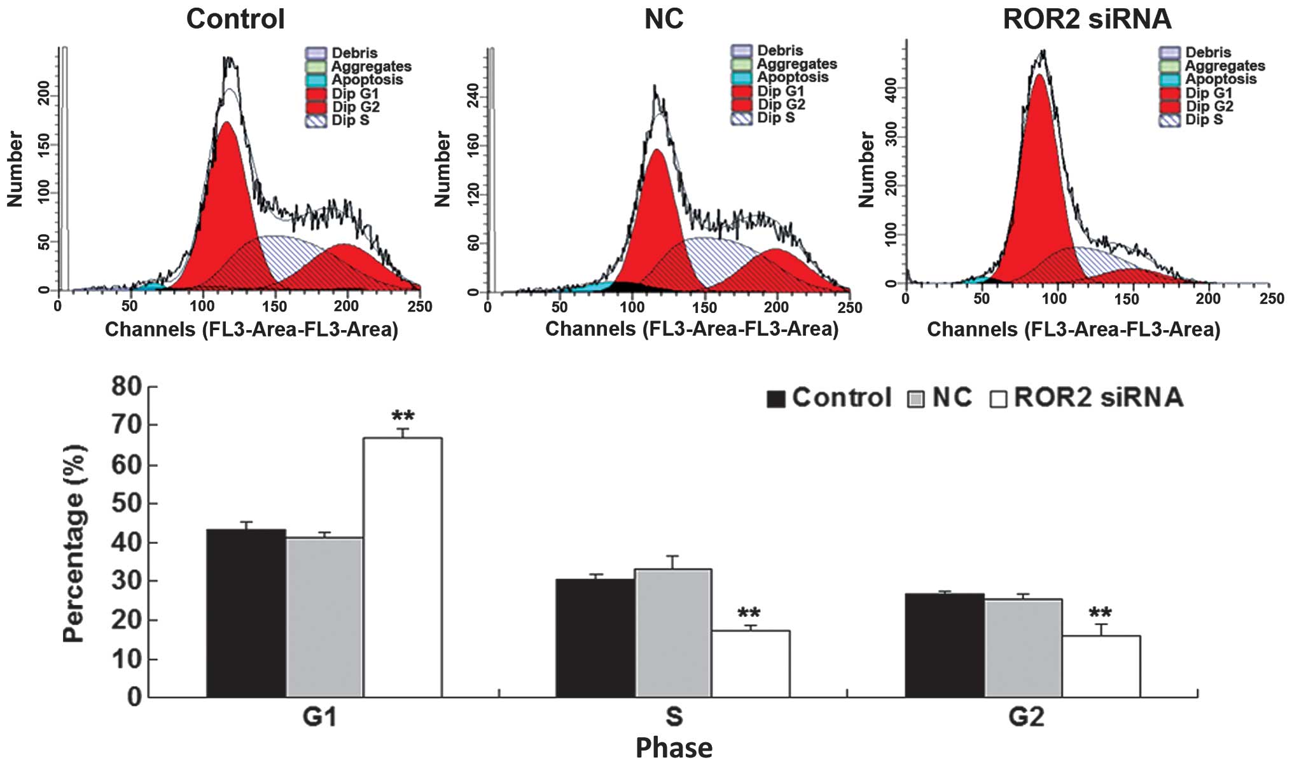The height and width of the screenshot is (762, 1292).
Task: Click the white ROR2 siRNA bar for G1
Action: click(402, 566)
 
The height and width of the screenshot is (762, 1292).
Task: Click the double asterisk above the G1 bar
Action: click(403, 417)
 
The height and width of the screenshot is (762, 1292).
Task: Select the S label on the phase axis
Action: click(674, 717)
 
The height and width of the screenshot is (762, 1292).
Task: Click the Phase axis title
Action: click(674, 747)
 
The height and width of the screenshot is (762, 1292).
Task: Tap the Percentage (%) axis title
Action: click(74, 543)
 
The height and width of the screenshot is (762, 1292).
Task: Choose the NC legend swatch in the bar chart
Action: click(915, 399)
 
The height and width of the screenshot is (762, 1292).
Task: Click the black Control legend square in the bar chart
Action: click(775, 399)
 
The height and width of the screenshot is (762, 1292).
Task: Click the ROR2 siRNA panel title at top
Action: click(1087, 19)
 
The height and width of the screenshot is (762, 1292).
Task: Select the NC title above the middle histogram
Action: click(663, 19)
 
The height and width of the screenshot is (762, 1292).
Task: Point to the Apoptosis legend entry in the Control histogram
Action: click(367, 80)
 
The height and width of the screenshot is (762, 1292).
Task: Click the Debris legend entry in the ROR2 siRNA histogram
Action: click(1207, 52)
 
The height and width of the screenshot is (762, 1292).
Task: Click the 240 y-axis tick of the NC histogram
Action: click(473, 95)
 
